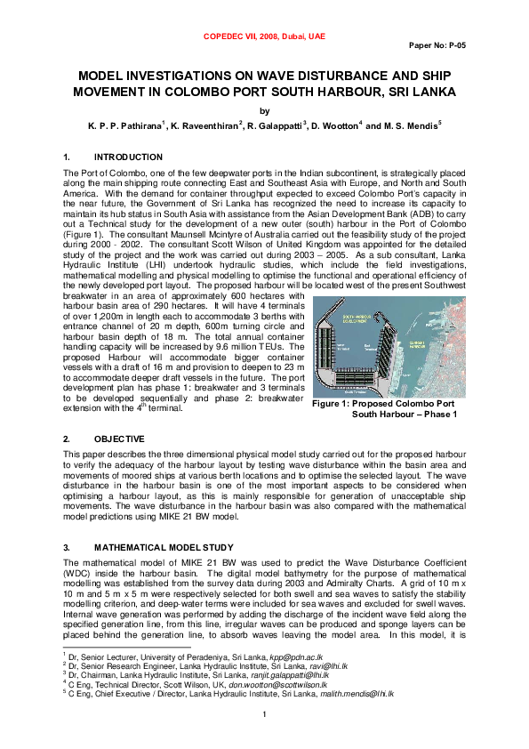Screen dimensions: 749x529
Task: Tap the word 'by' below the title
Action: pyautogui.click(x=263, y=111)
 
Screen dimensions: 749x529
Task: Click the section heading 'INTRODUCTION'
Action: pyautogui.click(x=127, y=157)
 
